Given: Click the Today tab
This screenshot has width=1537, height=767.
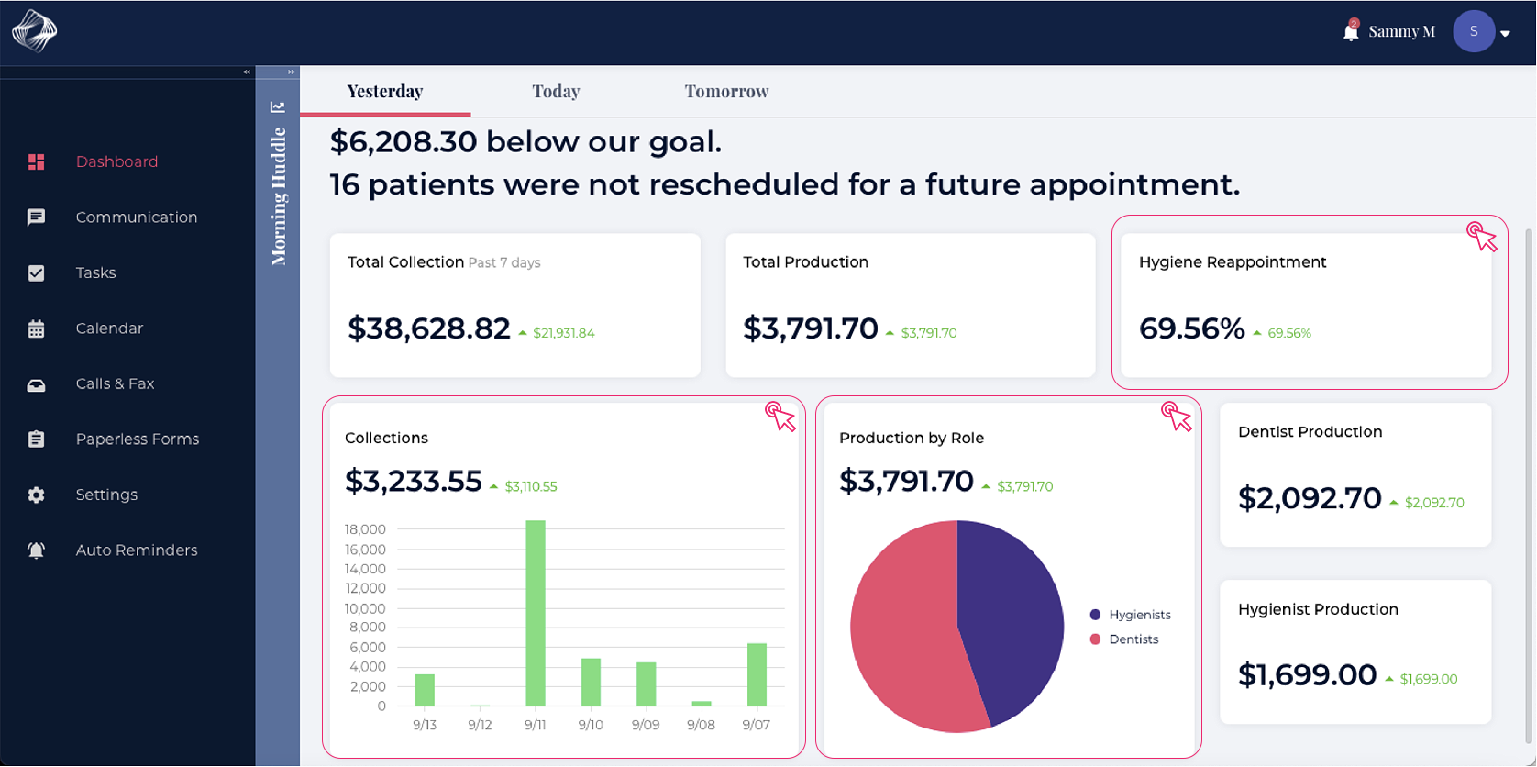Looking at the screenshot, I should (556, 91).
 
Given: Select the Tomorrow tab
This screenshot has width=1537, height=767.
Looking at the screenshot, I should (726, 91).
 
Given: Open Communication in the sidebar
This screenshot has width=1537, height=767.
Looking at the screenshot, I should (136, 217).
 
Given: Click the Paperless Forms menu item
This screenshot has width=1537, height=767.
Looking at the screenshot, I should (137, 439).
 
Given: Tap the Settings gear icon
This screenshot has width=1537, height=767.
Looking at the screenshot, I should (36, 495).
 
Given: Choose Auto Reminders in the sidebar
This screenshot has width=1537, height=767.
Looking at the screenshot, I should (136, 550).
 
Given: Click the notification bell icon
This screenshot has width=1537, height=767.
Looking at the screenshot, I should (1350, 32).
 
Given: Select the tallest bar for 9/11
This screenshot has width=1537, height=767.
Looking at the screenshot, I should (536, 613).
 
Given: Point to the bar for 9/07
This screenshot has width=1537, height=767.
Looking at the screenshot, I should (757, 674).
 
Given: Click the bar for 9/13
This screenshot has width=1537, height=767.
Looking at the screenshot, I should (425, 690).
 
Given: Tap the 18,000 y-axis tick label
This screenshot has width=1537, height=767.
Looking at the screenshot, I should (365, 529).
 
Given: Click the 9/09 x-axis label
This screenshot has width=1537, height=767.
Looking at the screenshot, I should (646, 725).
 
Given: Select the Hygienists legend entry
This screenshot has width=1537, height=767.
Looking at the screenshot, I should (1139, 615).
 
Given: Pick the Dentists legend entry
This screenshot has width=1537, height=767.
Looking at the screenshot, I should (1133, 639).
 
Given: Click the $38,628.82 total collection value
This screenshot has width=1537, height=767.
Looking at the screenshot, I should (428, 328).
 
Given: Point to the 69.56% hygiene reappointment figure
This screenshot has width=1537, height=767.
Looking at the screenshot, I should (1191, 328).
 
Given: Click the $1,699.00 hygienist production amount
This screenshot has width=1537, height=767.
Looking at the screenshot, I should (1307, 675).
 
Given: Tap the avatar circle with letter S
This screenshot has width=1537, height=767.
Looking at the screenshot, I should (1473, 32).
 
